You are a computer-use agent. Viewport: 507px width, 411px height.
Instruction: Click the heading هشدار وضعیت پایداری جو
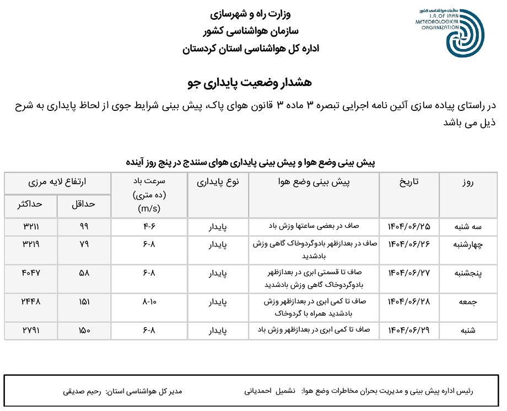click(x=250, y=82)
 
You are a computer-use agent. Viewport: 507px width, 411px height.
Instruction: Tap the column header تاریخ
click(x=408, y=183)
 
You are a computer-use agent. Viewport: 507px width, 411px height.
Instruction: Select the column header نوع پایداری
click(x=218, y=183)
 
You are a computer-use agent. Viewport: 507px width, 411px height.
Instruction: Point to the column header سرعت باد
click(x=149, y=183)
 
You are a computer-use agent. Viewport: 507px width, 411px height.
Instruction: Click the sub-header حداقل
click(x=84, y=204)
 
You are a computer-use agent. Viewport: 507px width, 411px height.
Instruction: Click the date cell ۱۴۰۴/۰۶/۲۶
click(x=408, y=244)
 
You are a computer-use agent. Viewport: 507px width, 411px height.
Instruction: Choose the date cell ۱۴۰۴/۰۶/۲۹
click(x=408, y=330)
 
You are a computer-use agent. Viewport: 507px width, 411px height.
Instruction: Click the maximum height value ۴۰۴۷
click(x=31, y=272)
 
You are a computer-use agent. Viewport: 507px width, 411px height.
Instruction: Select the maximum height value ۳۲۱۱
click(x=31, y=226)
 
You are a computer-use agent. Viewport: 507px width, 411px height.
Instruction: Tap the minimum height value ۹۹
click(x=84, y=226)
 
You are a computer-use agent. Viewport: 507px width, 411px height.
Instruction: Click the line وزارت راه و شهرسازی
click(x=251, y=12)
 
